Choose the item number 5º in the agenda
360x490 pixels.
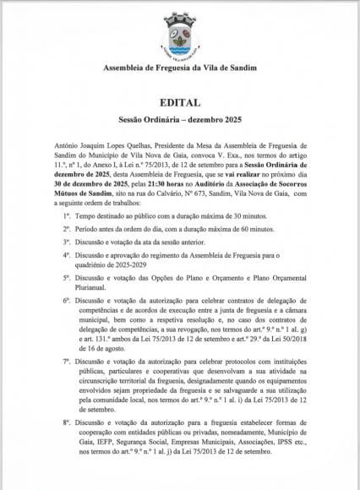click(x=67, y=287)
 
